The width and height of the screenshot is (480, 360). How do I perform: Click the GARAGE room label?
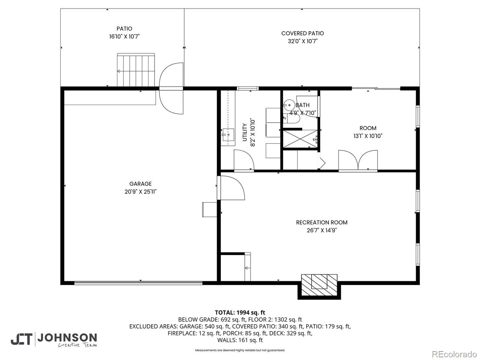click(140, 184)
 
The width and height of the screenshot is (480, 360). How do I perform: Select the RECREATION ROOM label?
click(321, 222)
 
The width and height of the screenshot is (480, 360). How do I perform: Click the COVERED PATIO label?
click(302, 33)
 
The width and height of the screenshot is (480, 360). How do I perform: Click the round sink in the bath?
click(289, 104)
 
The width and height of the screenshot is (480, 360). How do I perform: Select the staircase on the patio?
click(136, 70)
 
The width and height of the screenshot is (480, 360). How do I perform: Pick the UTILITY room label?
click(244, 132)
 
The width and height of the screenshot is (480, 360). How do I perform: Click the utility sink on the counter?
click(228, 134)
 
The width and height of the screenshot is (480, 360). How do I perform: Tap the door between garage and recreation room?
click(232, 187)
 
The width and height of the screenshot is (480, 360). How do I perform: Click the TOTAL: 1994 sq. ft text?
click(240, 312)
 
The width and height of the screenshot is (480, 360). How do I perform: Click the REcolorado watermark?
click(453, 354)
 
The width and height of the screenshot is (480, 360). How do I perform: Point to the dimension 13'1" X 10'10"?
click(368, 136)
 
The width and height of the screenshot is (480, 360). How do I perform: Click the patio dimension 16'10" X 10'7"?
click(124, 37)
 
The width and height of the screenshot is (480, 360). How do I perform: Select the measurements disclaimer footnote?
click(240, 350)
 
